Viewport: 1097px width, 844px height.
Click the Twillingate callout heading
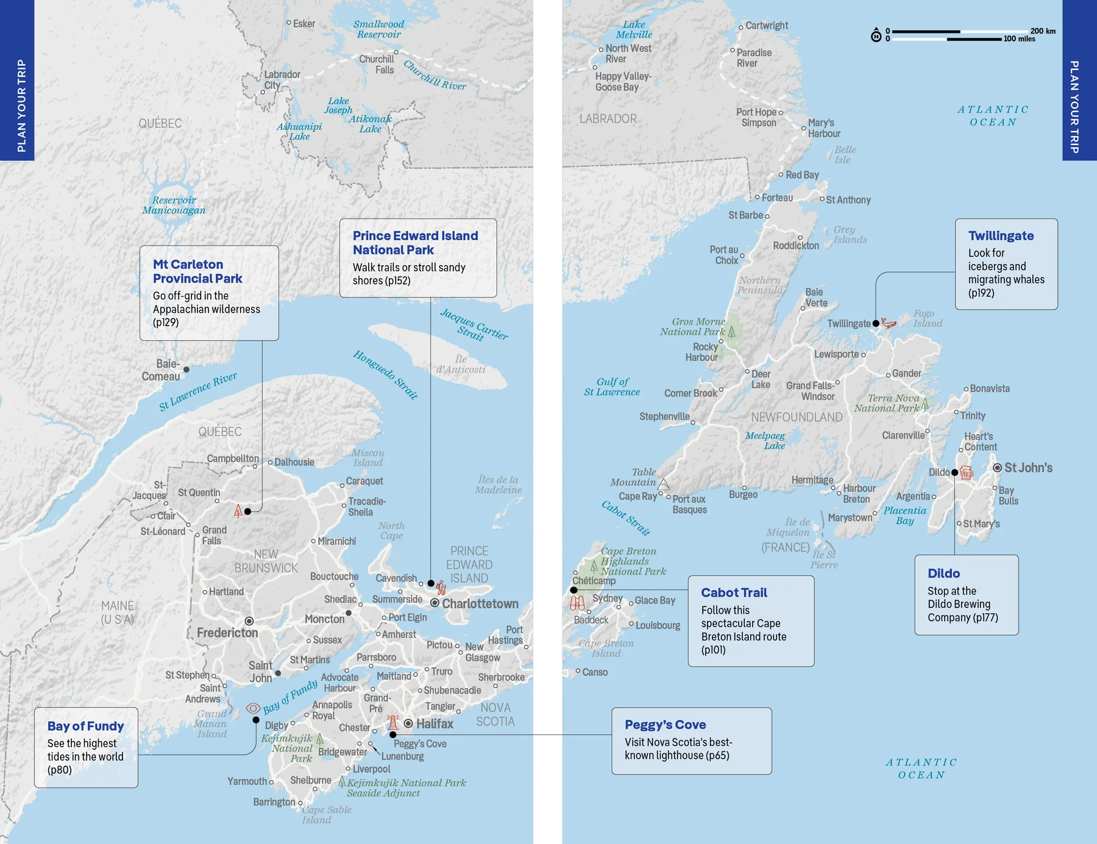click(1001, 236)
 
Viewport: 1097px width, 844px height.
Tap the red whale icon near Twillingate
click(889, 323)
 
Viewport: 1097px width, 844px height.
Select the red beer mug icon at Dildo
click(967, 472)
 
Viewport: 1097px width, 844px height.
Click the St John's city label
click(1028, 468)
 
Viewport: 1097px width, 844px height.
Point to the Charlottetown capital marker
click(435, 603)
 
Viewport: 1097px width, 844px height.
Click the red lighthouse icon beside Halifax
click(393, 723)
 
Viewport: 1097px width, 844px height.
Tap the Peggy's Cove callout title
click(665, 725)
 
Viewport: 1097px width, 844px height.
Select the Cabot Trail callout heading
click(734, 592)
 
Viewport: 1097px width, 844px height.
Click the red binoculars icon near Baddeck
click(577, 603)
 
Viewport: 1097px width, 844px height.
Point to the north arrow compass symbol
click(876, 35)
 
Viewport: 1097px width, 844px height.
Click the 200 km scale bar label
click(1043, 31)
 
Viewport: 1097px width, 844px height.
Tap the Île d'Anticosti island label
click(461, 364)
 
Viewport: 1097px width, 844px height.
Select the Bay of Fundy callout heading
click(85, 726)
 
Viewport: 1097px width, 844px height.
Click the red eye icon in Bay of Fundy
click(254, 708)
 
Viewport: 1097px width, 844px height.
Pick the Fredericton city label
click(227, 633)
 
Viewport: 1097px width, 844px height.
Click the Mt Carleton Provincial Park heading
click(197, 271)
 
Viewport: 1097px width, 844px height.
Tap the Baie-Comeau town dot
click(186, 369)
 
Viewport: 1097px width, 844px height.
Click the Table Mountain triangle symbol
click(664, 484)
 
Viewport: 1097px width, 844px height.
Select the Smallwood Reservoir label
click(378, 29)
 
